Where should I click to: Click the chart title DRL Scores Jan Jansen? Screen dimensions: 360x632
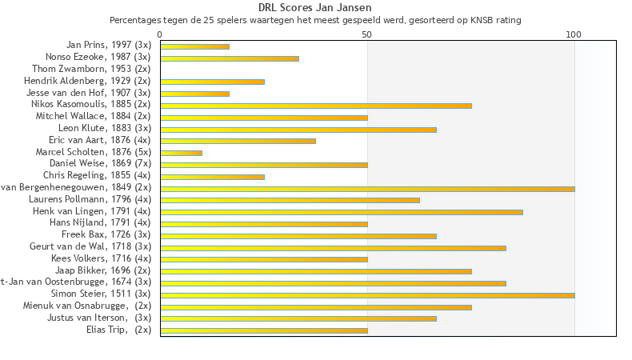[315, 7]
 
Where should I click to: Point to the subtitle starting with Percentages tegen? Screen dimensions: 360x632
[315, 19]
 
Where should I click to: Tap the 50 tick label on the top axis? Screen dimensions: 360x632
[367, 34]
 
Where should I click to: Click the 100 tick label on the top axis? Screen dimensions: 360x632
[574, 34]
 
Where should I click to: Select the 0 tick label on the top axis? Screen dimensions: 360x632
[160, 34]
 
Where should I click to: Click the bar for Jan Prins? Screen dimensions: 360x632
[194, 46]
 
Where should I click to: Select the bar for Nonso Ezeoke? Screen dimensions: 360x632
[230, 58]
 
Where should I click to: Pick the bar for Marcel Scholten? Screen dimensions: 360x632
[181, 153]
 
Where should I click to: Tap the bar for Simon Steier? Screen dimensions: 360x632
[367, 295]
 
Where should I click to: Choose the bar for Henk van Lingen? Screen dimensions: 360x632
[342, 212]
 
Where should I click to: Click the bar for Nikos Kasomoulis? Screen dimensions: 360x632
[316, 106]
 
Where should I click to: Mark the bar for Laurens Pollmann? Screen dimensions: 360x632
[290, 200]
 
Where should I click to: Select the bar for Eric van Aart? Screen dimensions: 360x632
[238, 141]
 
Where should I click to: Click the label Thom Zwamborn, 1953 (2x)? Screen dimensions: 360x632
[91, 69]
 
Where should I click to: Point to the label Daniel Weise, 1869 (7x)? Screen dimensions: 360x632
[100, 163]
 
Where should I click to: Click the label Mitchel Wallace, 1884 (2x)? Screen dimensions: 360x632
[93, 116]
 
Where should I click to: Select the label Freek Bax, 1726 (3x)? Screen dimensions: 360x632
[106, 234]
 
